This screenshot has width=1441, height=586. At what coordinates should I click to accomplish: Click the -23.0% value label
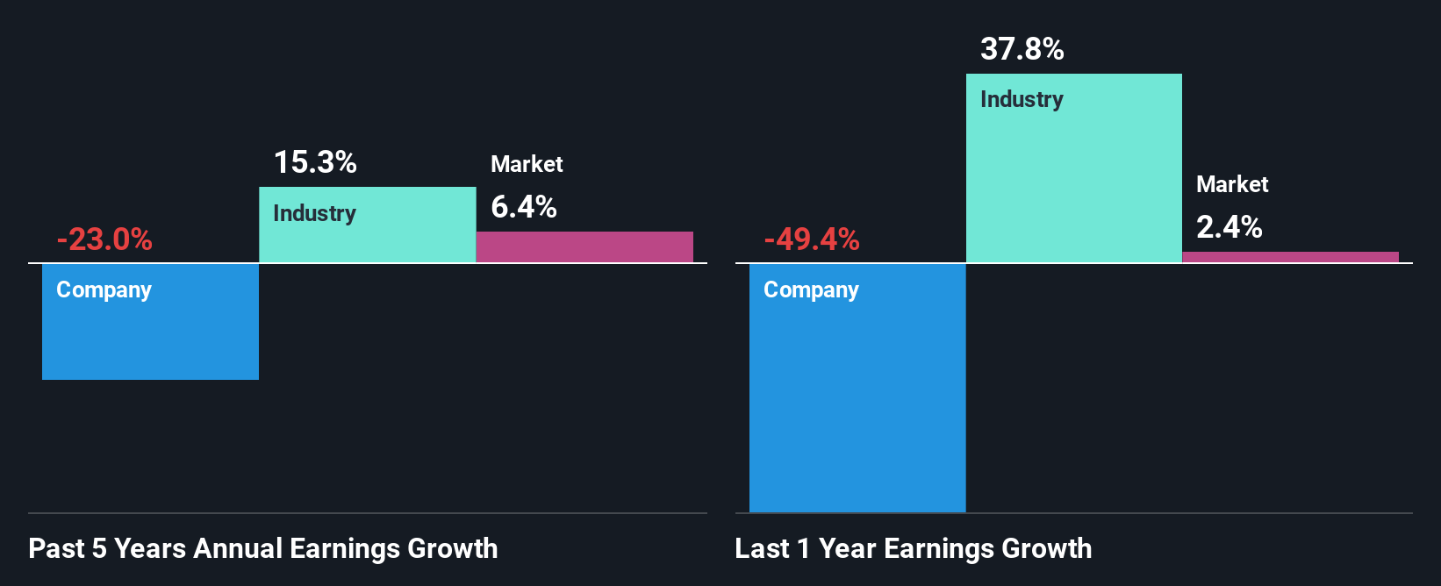click(104, 239)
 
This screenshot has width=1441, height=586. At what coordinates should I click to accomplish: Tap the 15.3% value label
click(315, 162)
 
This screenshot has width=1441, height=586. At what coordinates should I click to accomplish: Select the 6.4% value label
click(524, 207)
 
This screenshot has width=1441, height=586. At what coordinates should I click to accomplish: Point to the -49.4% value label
click(812, 239)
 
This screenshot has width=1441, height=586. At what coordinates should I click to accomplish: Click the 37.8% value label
click(1022, 49)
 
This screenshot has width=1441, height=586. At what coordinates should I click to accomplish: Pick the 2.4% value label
click(1230, 227)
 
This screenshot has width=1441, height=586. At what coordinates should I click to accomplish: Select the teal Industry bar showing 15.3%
click(367, 237)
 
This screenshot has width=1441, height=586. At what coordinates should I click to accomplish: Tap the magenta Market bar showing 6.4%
click(584, 247)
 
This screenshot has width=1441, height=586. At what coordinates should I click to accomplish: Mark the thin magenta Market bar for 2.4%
click(1291, 257)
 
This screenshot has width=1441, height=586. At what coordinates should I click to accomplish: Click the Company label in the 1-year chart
click(811, 290)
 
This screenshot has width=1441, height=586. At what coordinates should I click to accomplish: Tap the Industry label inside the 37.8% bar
click(1022, 100)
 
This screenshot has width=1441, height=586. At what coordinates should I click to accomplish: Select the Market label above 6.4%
click(527, 164)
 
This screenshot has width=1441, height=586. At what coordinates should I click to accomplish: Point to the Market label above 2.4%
click(1232, 184)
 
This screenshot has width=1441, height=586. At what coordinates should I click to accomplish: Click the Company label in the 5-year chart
click(104, 290)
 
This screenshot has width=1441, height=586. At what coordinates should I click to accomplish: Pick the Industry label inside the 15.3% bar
click(314, 213)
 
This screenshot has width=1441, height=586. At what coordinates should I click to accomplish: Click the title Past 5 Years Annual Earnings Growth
click(263, 548)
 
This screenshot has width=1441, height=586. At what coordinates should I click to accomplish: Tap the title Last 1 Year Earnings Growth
click(914, 548)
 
